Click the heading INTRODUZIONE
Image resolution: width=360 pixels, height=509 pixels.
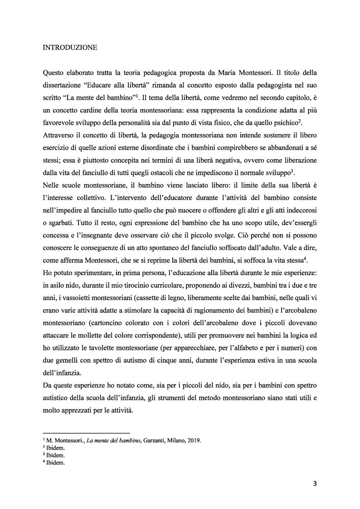coord(69,47)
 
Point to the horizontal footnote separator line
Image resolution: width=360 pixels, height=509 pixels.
coord(86,432)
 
